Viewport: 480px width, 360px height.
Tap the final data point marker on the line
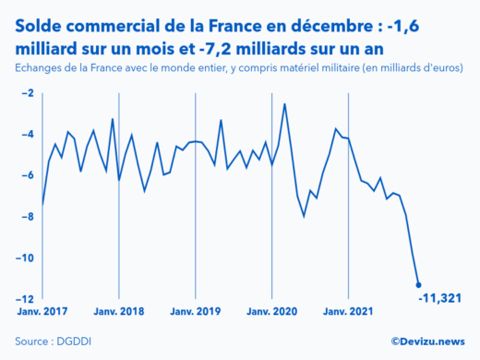418,285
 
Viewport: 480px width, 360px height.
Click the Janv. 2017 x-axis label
42,312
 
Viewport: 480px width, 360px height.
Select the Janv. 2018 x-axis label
119,312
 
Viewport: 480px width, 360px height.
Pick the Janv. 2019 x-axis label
195,312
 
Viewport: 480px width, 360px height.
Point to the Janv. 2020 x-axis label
271,312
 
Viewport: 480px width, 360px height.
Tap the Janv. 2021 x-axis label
348,312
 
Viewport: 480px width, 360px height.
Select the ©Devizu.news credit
427,342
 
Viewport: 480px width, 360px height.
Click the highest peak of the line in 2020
284,103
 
